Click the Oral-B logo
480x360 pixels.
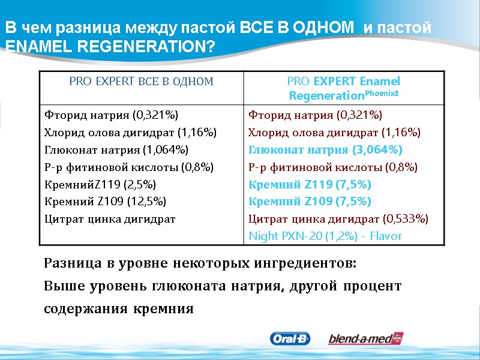click(290, 339)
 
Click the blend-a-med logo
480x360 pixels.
click(365, 339)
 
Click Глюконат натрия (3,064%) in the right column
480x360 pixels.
click(326, 149)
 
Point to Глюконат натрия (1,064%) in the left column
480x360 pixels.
click(117, 149)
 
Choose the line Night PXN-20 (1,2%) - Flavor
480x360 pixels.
click(325, 236)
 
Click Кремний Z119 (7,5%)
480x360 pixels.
click(310, 184)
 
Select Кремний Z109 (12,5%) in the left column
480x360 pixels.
click(106, 201)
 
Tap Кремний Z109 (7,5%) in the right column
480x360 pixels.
click(310, 201)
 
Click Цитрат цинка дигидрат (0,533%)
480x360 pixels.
click(338, 218)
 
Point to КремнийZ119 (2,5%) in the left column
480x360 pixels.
click(100, 184)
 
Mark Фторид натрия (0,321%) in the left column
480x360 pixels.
click(112, 115)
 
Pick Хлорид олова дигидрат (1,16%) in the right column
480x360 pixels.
click(334, 132)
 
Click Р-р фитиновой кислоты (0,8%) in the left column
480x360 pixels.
click(129, 167)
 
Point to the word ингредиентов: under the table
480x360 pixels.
click(306, 263)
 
